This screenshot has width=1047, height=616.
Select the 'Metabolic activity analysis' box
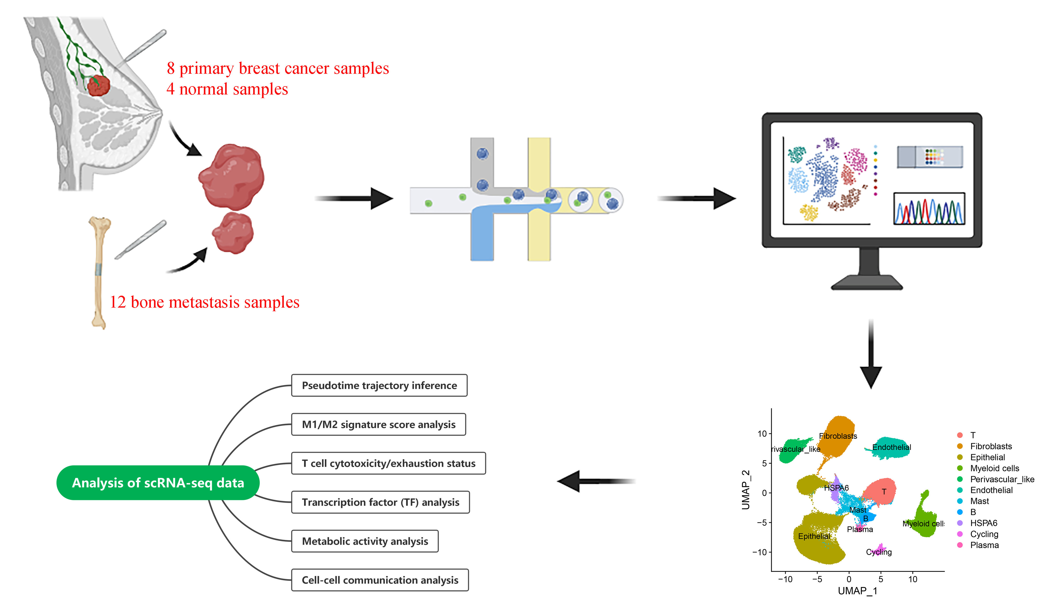tap(365, 541)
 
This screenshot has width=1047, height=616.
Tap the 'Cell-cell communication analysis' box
tap(380, 580)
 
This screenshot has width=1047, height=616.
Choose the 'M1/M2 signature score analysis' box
tap(379, 424)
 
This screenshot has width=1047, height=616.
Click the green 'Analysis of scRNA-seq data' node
tap(158, 483)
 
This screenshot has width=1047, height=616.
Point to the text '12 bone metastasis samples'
tap(204, 302)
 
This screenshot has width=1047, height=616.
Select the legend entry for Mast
tap(979, 501)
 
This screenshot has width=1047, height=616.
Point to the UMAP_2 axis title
tap(746, 490)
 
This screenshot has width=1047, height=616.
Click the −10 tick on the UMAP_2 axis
tap(760, 552)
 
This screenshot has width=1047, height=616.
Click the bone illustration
tap(99, 272)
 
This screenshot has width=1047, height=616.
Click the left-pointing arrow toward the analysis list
tap(596, 482)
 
